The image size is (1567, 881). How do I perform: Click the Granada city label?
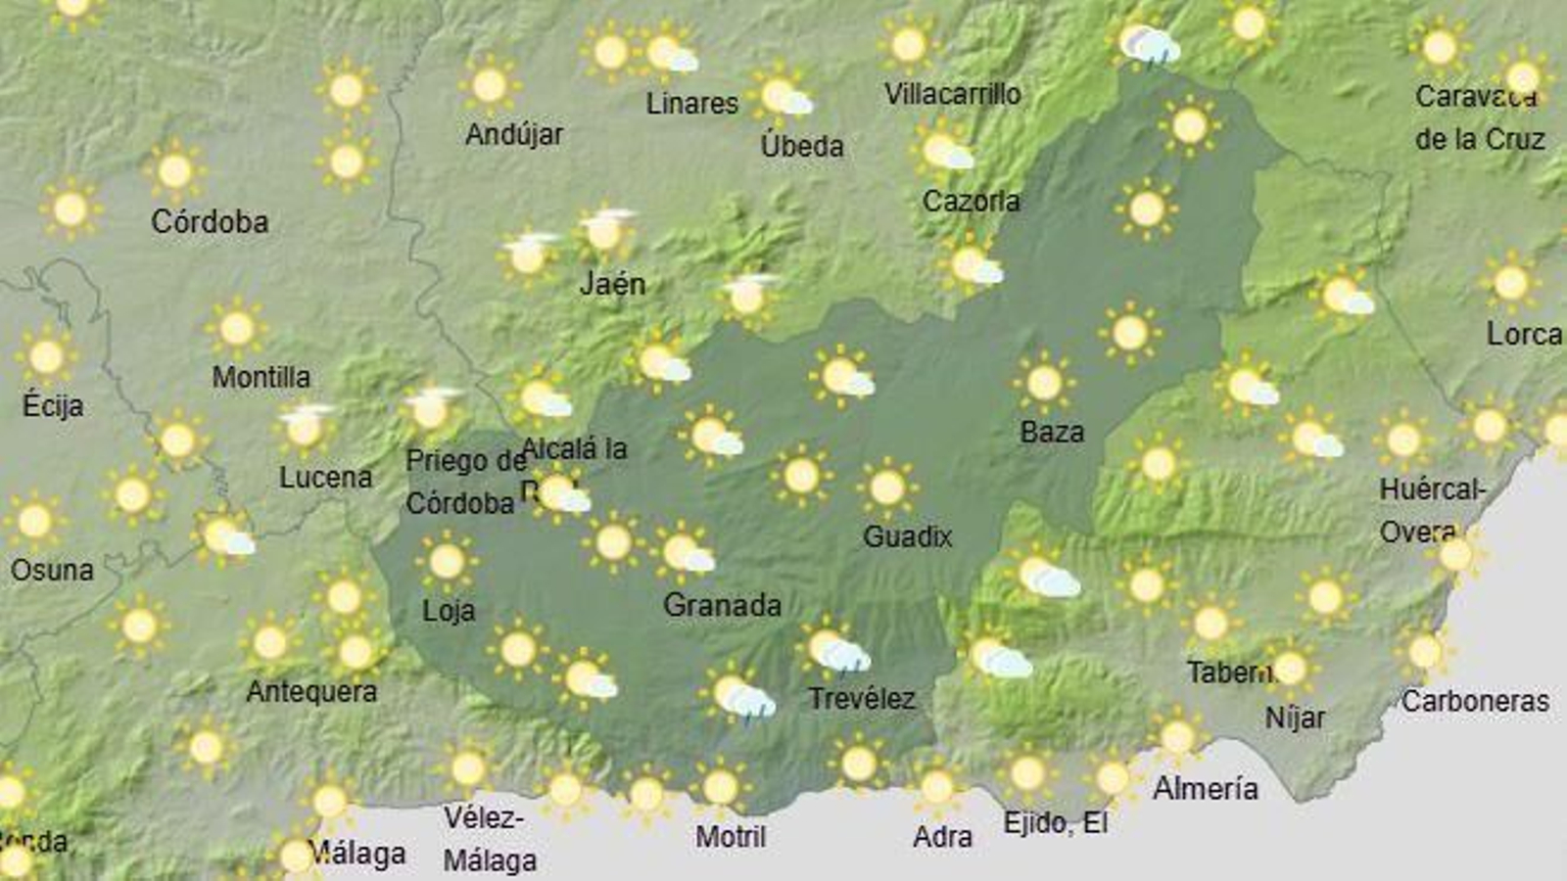[722, 605]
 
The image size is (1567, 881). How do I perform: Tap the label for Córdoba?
[210, 222]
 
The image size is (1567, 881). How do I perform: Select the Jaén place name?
[612, 284]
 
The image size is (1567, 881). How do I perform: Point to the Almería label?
[1205, 788]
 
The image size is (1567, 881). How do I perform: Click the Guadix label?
[907, 535]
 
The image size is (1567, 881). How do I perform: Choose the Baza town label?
[1052, 432]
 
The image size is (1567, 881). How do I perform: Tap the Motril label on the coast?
[731, 837]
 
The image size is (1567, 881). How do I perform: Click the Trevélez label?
[861, 699]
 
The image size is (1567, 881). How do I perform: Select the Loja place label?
[449, 611]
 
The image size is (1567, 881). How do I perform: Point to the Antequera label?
[311, 692]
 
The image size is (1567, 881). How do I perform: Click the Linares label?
[691, 103]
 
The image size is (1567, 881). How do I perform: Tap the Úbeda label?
[802, 146]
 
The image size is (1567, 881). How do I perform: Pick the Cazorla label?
[971, 202]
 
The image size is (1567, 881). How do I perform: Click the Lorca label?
[1524, 334]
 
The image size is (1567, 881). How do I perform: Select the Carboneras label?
[1475, 701]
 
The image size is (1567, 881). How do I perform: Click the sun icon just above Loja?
[447, 561]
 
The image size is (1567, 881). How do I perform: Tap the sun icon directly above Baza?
[1044, 382]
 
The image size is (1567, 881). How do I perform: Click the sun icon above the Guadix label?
[887, 487]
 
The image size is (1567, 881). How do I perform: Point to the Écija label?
[53, 405]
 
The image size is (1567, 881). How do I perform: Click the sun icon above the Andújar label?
[490, 85]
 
